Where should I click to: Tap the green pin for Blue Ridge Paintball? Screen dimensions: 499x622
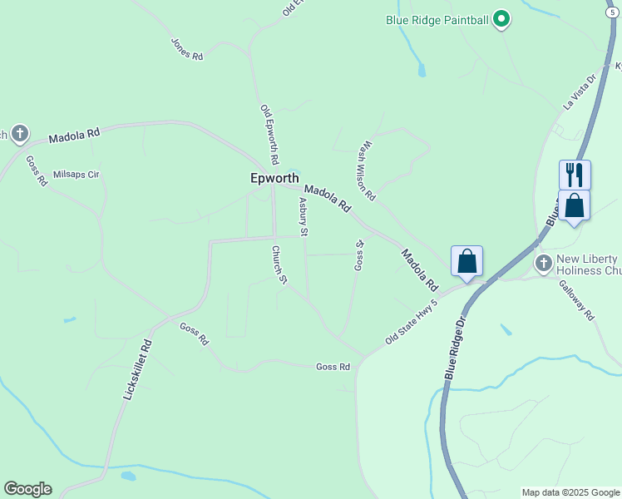click(x=501, y=18)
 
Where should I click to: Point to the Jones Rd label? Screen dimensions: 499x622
click(x=187, y=48)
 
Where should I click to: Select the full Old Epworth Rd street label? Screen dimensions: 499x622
click(x=269, y=134)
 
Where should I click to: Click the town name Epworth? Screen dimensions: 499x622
click(x=275, y=178)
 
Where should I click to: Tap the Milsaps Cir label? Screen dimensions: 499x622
click(x=76, y=175)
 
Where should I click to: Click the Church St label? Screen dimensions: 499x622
click(x=279, y=264)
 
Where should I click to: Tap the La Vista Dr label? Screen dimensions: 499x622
click(x=580, y=91)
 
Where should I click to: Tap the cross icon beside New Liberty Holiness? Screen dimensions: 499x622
click(x=543, y=264)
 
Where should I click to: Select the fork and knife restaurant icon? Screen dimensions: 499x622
click(x=575, y=175)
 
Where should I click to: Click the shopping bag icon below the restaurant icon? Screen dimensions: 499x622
click(x=574, y=205)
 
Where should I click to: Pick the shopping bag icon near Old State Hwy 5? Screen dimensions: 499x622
click(x=466, y=261)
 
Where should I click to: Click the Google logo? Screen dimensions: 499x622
click(x=27, y=489)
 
